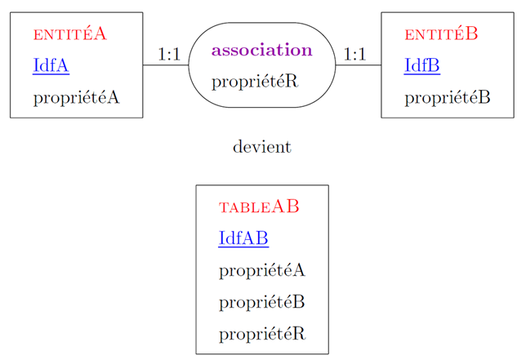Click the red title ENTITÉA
click(69, 34)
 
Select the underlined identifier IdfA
click(51, 65)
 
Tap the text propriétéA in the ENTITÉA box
click(76, 98)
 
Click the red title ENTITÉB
click(441, 34)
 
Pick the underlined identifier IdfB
click(422, 65)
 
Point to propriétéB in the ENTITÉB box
click(448, 98)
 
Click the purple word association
click(261, 50)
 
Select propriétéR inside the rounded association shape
click(254, 82)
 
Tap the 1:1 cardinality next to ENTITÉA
click(168, 55)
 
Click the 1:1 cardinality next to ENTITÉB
click(354, 55)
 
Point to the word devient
click(262, 148)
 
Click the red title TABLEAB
click(259, 207)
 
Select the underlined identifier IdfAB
click(243, 238)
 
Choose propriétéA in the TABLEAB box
click(262, 270)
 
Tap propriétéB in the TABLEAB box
click(262, 302)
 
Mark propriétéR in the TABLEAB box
click(262, 334)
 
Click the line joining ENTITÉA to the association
click(166, 65)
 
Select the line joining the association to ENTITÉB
click(358, 65)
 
